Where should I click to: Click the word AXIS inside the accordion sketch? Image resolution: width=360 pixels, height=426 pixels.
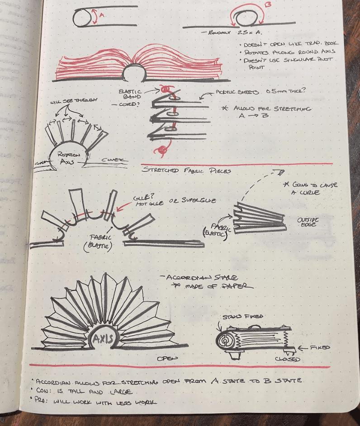pyautogui.click(x=104, y=337)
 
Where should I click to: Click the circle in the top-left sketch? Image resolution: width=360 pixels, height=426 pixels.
pyautogui.click(x=81, y=19)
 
